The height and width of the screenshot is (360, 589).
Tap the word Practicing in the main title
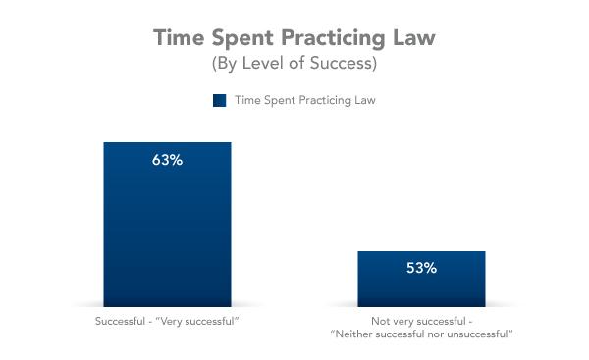[x=329, y=38]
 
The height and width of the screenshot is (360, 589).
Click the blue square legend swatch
[x=218, y=101]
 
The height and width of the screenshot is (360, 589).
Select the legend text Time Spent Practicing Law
[x=304, y=101]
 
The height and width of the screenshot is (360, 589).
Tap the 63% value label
[x=167, y=160]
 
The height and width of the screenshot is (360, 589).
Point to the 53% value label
[x=420, y=267]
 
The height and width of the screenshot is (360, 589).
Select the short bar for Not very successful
[x=420, y=284]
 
